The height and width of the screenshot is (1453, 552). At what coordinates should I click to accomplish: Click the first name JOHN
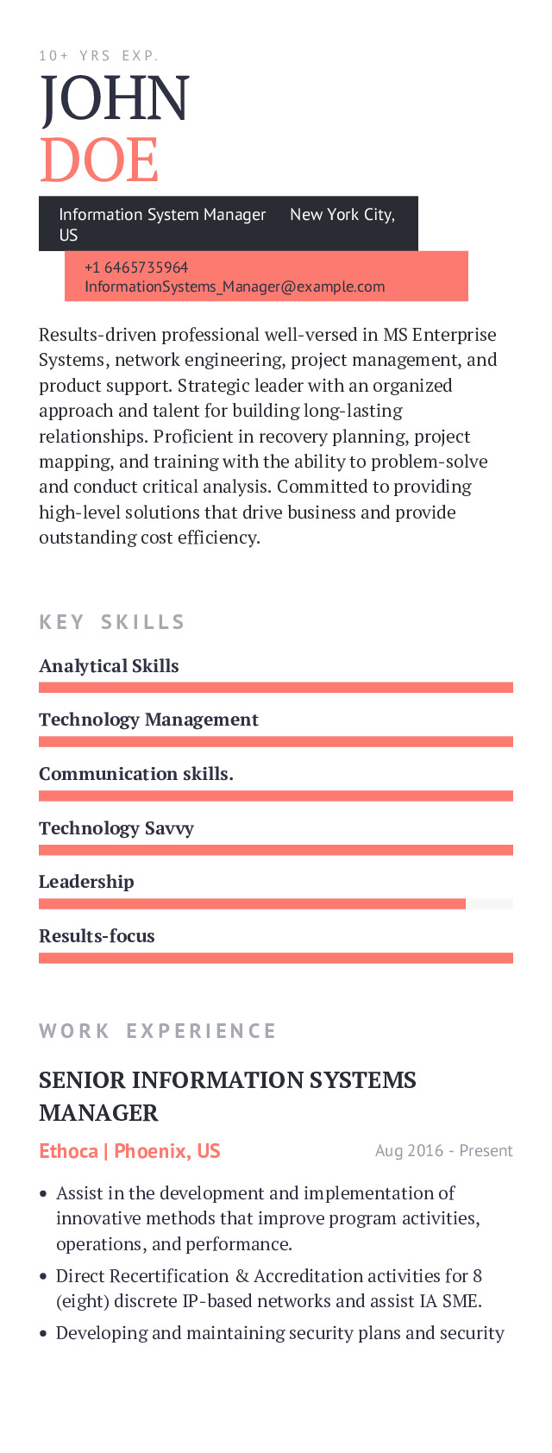click(114, 98)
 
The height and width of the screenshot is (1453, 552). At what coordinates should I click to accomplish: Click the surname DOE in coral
click(98, 160)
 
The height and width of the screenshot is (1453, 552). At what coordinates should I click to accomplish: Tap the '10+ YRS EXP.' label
click(98, 56)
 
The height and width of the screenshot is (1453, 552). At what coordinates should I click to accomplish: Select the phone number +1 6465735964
click(136, 267)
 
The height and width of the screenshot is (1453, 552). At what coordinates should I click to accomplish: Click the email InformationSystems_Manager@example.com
click(235, 286)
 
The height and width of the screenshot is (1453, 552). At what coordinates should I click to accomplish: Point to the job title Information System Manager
click(162, 215)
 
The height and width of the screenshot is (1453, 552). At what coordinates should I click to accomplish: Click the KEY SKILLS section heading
click(112, 622)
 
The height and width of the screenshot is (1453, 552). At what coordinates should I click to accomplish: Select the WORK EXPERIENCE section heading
click(158, 1031)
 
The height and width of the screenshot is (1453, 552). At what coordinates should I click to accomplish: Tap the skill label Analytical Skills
click(109, 666)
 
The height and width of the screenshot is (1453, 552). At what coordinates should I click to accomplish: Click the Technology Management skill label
click(148, 720)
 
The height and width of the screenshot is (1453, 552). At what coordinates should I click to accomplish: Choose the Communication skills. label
click(136, 774)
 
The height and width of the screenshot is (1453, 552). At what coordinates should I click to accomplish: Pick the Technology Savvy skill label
click(116, 828)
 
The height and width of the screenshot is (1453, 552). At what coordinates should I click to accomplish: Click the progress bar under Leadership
click(276, 903)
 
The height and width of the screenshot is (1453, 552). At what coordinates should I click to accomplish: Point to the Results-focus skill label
click(97, 936)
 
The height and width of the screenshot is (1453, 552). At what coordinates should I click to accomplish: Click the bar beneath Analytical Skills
click(276, 688)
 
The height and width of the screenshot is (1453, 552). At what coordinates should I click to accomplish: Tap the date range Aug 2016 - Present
click(443, 1151)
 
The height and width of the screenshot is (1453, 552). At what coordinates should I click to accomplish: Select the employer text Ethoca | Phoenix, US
click(129, 1151)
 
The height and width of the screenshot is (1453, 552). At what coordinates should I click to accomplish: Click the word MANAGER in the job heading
click(98, 1113)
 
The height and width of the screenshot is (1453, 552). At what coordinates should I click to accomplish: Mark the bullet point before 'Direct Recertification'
click(43, 1276)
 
